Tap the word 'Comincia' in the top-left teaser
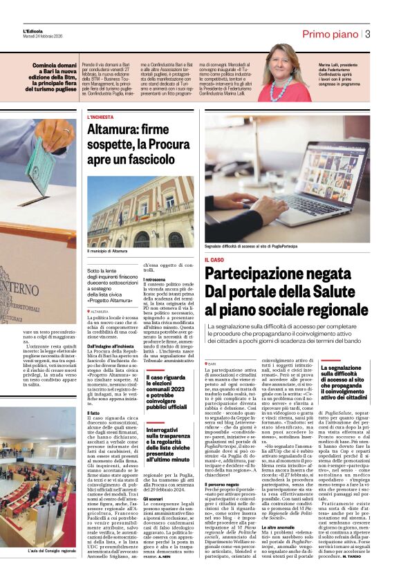46,66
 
